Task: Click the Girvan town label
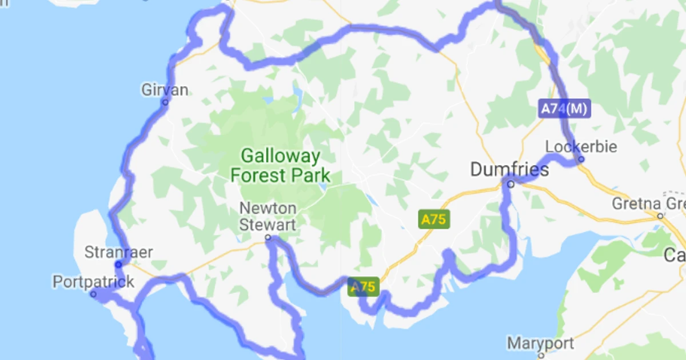(165, 90)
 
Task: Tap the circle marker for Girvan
(165, 102)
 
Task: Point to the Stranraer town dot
(118, 265)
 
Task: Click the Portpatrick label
(93, 282)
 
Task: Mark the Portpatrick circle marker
(93, 294)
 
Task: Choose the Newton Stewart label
(268, 217)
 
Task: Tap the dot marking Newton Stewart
(268, 237)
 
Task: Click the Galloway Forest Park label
(280, 165)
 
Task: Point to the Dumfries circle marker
(511, 184)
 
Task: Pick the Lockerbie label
(581, 147)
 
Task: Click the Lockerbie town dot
(581, 159)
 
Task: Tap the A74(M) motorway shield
(564, 109)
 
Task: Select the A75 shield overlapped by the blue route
(362, 287)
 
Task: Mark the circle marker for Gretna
(660, 216)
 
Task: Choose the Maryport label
(540, 343)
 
